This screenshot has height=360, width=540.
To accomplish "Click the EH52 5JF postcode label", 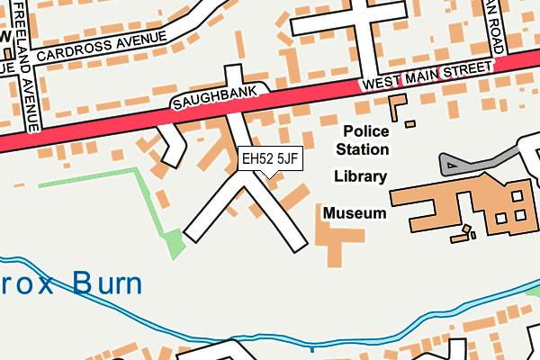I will pos(269,159).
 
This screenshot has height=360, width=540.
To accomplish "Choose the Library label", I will pos(360,176).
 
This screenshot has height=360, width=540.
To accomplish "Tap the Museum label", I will pos(355,214).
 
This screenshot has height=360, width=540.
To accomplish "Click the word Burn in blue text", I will pos(108,285).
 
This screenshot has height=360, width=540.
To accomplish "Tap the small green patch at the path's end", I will pos(170,240).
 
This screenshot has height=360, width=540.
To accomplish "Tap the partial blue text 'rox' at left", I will pos(27,285).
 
